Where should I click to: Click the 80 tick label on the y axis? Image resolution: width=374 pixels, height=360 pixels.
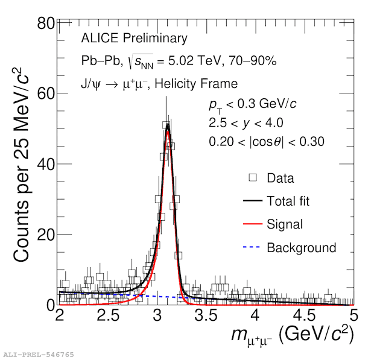pos(46,24)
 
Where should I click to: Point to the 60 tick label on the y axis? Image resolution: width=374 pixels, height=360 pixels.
pos(46,94)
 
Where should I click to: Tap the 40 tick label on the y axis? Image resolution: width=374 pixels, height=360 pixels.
pos(46,164)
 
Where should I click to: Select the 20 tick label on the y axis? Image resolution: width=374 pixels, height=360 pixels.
pos(46,235)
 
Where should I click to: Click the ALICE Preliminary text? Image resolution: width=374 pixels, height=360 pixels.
pos(134,39)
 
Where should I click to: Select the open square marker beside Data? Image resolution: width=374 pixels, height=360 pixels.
pos(253,177)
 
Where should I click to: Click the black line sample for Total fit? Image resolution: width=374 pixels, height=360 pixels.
pos(253,201)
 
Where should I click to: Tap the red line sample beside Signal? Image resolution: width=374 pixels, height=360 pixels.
pos(253,224)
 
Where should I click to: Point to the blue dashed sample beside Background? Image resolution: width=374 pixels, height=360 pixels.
pos(253,248)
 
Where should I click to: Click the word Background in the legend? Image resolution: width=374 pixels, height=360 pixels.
pos(301,248)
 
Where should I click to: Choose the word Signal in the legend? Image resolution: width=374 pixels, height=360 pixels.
pos(285,224)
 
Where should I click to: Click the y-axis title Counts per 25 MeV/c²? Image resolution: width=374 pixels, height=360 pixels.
pos(22,164)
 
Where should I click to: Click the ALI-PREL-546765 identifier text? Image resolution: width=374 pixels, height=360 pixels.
pos(39,355)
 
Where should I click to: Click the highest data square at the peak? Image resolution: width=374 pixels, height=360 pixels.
pos(166,125)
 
